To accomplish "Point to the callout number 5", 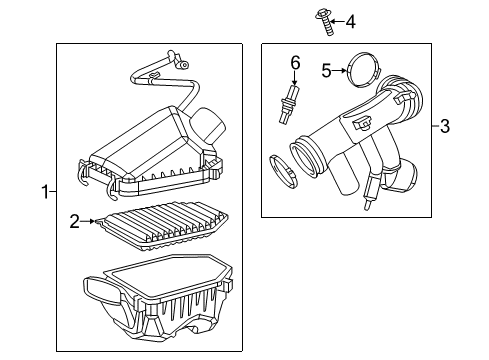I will click(326, 70).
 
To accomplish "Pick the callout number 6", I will click(295, 63).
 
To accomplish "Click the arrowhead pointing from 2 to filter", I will click(96, 219).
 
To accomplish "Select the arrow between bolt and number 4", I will click(339, 20).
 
